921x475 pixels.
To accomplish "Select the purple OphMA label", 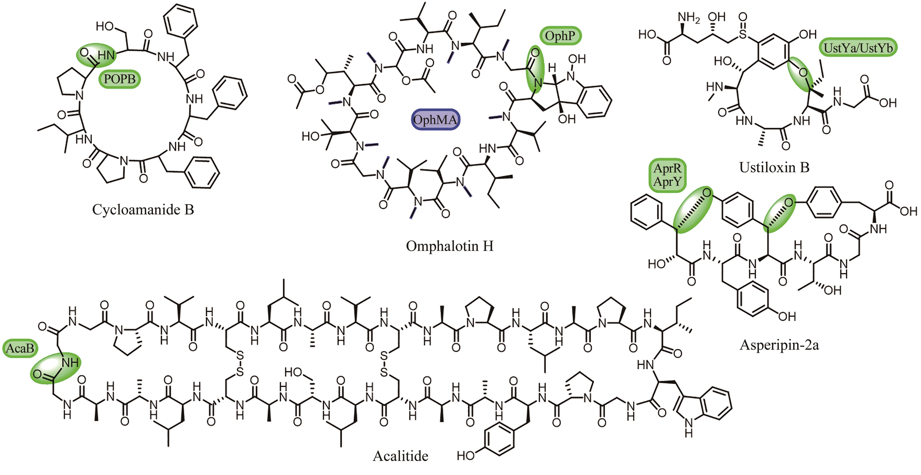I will click(x=435, y=119).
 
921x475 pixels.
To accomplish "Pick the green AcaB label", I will click(x=20, y=348).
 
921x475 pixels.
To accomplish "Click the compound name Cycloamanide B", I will click(x=143, y=210).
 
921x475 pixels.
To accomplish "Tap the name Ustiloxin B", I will click(x=774, y=167).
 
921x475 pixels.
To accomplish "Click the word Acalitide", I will click(x=400, y=456).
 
